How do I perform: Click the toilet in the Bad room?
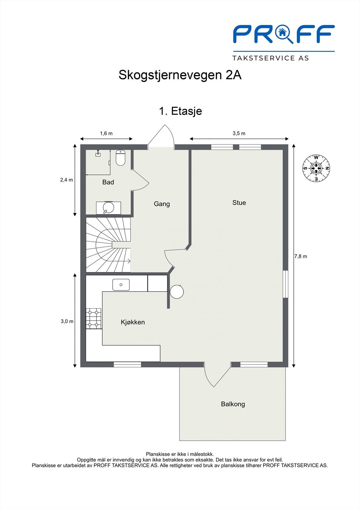tap(121, 157)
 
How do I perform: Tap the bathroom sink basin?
tap(108, 208)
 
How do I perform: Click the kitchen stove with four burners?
tap(93, 318)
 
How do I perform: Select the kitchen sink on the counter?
tap(121, 285)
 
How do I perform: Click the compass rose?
tap(316, 168)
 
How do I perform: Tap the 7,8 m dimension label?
tap(300, 256)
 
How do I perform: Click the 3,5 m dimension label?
tap(239, 133)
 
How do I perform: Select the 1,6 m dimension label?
tap(106, 133)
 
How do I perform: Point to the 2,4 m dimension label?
tap(67, 180)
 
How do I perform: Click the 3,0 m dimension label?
tap(67, 321)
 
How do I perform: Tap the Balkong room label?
tap(233, 404)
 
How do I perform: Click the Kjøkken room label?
tap(133, 322)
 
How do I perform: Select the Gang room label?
tap(162, 204)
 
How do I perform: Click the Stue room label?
tap(239, 203)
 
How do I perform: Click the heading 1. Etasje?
tap(180, 111)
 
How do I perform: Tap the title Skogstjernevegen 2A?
tap(180, 75)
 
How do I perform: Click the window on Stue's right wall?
tap(285, 284)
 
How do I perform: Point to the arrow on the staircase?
tap(129, 261)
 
